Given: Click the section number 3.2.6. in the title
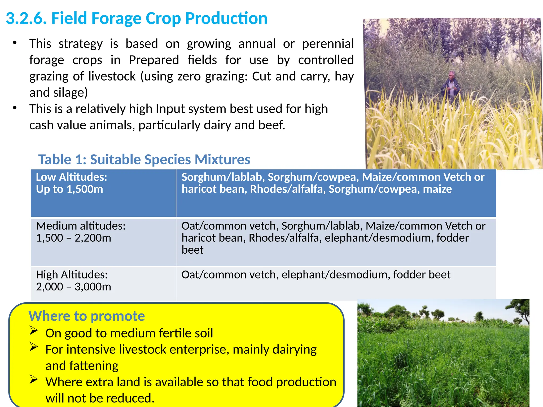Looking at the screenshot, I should click(26, 19).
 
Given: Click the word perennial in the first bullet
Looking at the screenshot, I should click(328, 44).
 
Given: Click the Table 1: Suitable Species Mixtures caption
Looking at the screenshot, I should click(144, 160).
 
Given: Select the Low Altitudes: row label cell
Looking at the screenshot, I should click(71, 177).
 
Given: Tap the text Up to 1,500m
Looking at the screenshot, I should click(69, 189).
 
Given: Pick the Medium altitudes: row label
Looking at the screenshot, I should click(81, 226).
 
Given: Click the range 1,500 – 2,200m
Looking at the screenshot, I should click(73, 238).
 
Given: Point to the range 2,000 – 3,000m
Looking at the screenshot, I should click(73, 287).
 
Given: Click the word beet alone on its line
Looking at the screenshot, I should click(192, 250).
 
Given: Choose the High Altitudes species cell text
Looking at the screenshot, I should click(316, 275).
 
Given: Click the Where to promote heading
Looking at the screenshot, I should click(86, 316).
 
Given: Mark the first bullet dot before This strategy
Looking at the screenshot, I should click(15, 43).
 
